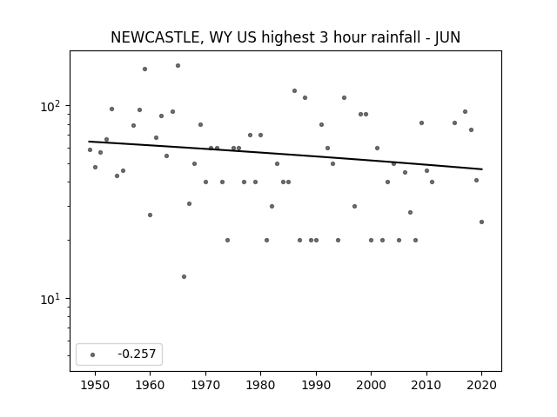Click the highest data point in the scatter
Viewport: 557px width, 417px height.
point(178,66)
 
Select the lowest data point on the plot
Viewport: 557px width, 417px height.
point(184,276)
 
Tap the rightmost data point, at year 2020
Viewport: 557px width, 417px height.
point(481,222)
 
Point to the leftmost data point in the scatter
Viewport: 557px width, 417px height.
point(90,150)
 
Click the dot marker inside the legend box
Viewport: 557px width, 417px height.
point(93,354)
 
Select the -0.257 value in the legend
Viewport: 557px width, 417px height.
point(137,354)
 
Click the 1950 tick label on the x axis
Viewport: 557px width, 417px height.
point(95,385)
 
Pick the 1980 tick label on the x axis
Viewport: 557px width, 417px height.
point(260,385)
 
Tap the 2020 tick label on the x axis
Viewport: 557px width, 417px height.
point(481,385)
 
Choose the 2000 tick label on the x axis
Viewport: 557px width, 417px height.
point(372,385)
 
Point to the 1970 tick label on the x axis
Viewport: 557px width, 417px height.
point(205,385)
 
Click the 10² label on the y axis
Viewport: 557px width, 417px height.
point(52,106)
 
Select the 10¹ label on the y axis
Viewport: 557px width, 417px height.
point(52,299)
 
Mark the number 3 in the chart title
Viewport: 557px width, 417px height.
point(323,37)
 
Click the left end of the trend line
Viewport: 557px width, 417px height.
point(89,142)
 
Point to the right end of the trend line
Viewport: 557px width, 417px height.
point(482,169)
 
